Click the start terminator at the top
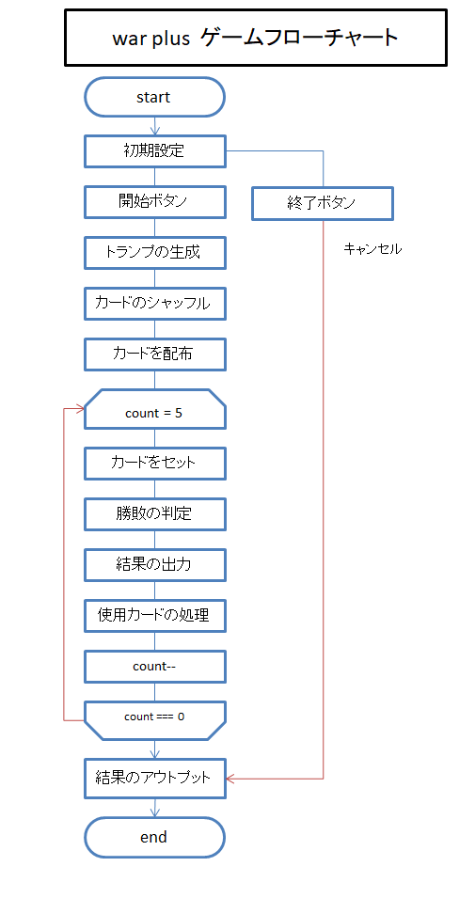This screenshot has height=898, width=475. click(154, 98)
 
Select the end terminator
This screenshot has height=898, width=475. click(154, 837)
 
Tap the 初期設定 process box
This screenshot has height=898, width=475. click(154, 151)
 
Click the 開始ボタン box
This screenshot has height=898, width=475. click(154, 201)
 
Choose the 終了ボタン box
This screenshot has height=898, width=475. click(323, 203)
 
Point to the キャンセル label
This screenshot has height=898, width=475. click(372, 249)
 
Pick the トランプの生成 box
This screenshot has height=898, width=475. click(154, 252)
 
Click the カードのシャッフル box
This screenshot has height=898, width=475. click(154, 304)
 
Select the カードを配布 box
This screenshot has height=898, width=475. click(154, 354)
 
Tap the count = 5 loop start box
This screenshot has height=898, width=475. click(154, 409)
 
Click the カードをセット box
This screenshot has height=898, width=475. click(154, 463)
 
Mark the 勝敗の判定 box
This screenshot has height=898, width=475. click(154, 513)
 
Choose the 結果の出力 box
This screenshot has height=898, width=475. click(154, 565)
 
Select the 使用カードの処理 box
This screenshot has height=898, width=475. click(154, 616)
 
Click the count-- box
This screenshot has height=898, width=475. click(154, 666)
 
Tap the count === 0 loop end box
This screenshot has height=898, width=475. click(154, 720)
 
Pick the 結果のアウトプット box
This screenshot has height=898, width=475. click(154, 779)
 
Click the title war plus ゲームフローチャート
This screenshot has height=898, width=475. click(256, 38)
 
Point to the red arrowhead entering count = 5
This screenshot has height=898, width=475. click(81, 409)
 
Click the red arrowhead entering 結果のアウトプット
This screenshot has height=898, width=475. click(230, 779)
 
